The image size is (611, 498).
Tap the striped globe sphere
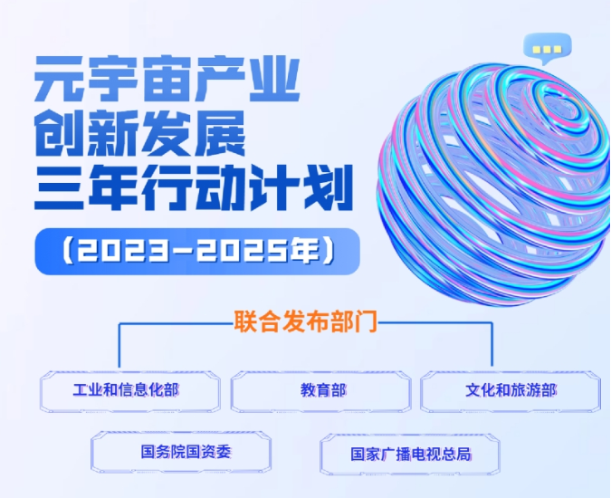493,184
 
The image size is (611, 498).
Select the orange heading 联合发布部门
306,321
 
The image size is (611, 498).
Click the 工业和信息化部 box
130,391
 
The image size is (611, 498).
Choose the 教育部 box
321,391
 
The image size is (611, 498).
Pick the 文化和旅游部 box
511,391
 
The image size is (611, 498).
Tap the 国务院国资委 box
181,452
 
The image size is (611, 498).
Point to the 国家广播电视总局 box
410,455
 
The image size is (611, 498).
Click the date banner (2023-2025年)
197,252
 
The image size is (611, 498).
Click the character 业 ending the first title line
274,79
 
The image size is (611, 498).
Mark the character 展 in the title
221,133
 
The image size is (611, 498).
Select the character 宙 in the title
167,79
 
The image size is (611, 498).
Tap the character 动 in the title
221,187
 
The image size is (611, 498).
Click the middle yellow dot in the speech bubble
547,50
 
